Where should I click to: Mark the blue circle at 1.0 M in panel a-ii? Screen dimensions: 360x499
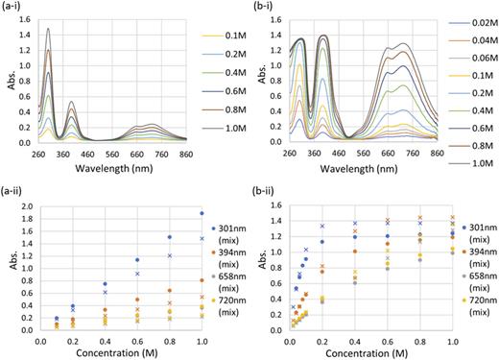point(202,213)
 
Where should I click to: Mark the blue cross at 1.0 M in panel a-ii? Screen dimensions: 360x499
point(202,238)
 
